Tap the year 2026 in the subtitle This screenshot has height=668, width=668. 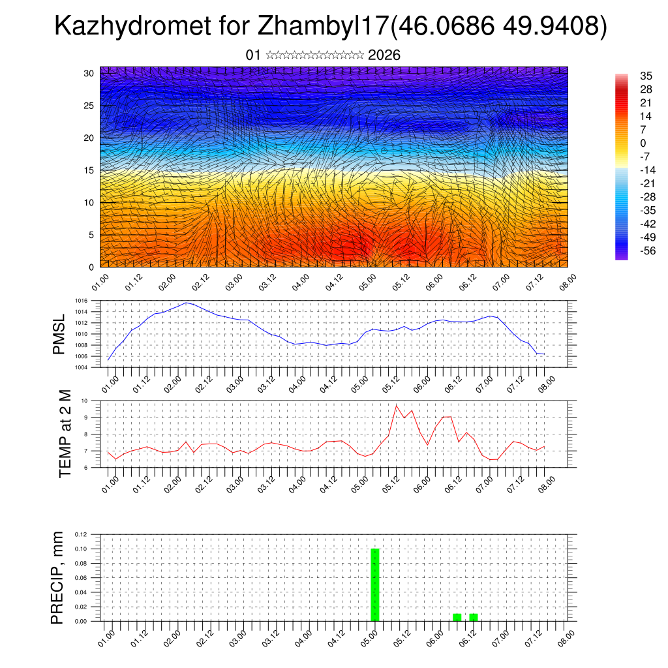(x=384, y=55)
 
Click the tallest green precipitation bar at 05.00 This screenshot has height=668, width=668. (x=374, y=584)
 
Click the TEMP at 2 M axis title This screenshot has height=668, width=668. (x=65, y=433)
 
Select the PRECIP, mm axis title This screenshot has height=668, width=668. (x=59, y=577)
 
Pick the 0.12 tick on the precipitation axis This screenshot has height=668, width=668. (x=80, y=534)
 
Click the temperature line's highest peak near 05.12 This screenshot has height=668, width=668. (x=397, y=405)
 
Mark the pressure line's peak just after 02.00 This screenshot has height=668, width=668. (x=187, y=303)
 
